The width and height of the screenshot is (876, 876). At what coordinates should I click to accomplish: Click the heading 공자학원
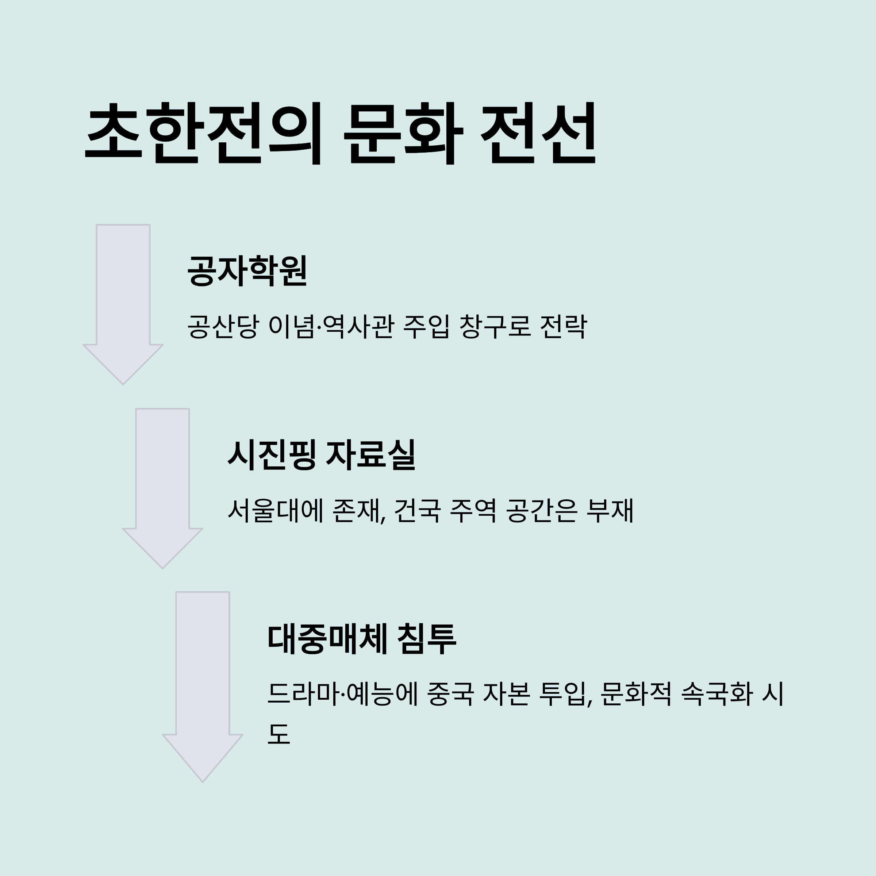point(247,271)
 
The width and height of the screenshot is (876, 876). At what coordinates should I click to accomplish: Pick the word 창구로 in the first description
point(495,326)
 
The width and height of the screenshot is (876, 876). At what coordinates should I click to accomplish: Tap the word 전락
point(564,326)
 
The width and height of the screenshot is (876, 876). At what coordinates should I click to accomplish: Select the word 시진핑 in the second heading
point(271,455)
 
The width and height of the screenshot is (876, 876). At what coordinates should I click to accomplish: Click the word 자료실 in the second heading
point(370,455)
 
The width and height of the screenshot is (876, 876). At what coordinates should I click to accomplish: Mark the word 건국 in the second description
point(417,511)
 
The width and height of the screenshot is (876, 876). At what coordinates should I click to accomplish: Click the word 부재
point(610,511)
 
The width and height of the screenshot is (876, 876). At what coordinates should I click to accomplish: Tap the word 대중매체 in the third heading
point(327,639)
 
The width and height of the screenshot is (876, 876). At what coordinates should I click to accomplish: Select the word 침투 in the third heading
point(427,639)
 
